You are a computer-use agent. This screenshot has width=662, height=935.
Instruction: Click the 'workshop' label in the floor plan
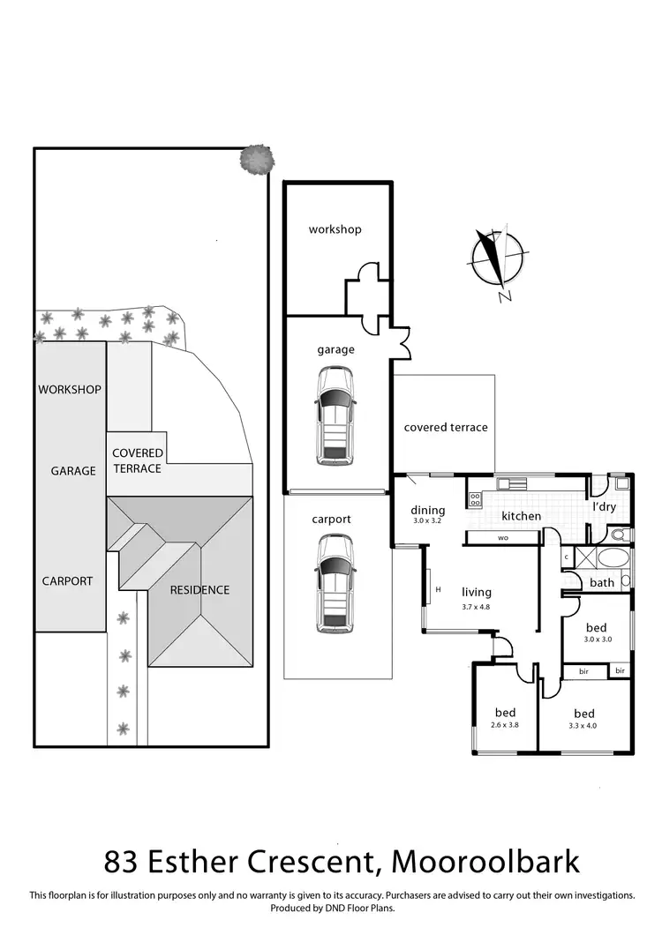tap(335, 229)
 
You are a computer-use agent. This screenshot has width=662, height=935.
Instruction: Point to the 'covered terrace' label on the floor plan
tap(446, 427)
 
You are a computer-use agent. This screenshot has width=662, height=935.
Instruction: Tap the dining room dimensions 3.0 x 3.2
tap(428, 521)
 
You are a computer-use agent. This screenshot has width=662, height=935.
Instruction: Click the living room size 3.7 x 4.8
tap(476, 607)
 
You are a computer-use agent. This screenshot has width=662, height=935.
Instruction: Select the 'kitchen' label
tap(521, 516)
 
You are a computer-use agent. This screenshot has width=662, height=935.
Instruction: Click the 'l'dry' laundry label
tap(604, 507)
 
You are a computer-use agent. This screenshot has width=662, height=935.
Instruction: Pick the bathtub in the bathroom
tap(610, 558)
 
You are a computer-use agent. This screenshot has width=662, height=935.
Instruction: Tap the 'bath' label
tap(602, 582)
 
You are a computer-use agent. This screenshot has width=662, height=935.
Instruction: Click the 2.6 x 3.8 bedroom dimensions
tap(505, 726)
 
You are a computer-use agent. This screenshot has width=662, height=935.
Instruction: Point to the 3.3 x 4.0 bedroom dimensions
tap(583, 726)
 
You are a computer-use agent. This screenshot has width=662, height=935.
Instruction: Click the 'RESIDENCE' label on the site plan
tap(199, 590)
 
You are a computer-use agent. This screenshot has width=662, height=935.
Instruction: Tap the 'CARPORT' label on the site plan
tap(67, 581)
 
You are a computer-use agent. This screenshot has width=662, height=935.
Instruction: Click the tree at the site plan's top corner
tap(255, 160)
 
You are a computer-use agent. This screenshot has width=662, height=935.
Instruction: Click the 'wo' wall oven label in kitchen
tap(503, 537)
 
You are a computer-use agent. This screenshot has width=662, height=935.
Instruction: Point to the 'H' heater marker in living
tap(438, 589)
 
